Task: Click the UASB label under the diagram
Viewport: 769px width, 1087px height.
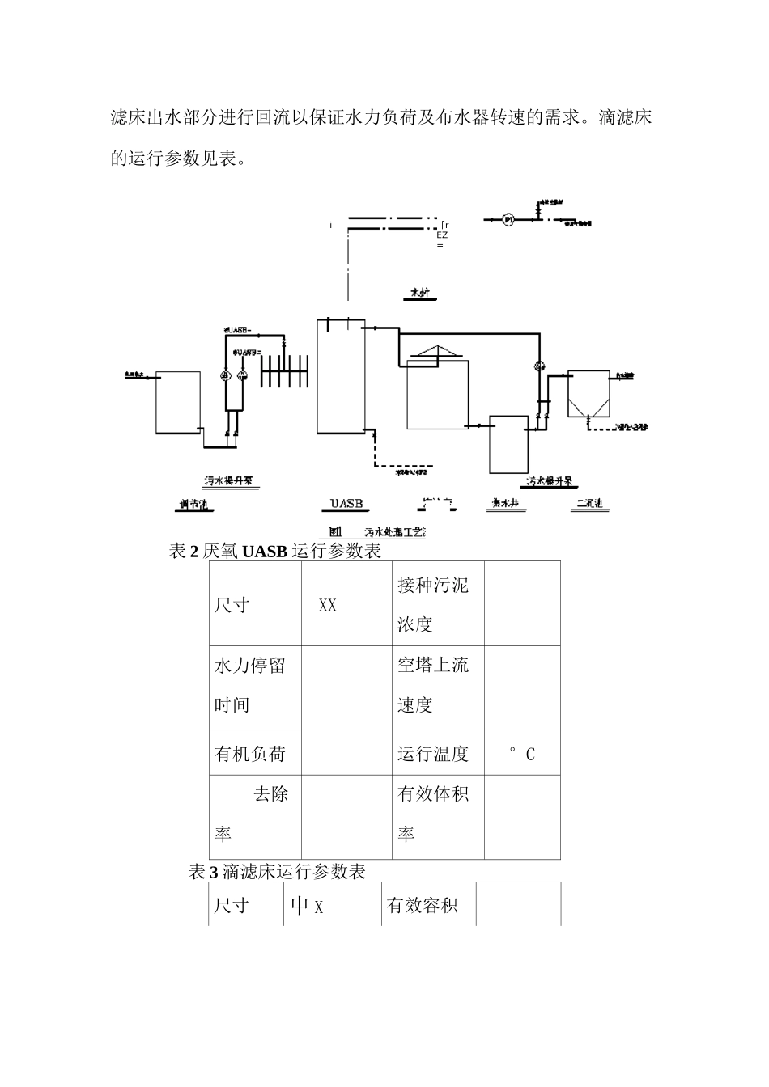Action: tap(346, 504)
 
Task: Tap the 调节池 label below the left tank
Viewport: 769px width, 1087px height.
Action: tap(194, 505)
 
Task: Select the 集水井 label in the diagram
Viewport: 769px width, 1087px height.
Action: tap(505, 504)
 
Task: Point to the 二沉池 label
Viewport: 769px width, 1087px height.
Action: tap(588, 504)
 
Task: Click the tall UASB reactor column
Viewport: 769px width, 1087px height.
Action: tap(341, 376)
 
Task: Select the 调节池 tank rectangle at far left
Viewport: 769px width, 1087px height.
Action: tap(178, 402)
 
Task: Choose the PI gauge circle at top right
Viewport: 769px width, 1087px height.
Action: tap(508, 219)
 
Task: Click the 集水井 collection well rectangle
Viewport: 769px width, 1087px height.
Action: tap(508, 444)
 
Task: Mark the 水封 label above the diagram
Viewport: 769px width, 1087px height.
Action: tap(419, 293)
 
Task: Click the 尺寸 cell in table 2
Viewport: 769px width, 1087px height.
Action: tap(232, 605)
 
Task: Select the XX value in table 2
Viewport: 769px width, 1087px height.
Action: tap(327, 605)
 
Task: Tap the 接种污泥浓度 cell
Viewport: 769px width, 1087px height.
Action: tap(433, 604)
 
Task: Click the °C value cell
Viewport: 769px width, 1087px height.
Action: tap(521, 754)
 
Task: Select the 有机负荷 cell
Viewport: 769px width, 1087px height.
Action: tap(250, 754)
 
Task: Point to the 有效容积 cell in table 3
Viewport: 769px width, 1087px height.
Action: tap(423, 906)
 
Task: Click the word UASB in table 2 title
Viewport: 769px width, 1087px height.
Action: tap(265, 552)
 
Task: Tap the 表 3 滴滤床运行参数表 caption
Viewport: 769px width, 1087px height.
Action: tap(277, 871)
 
